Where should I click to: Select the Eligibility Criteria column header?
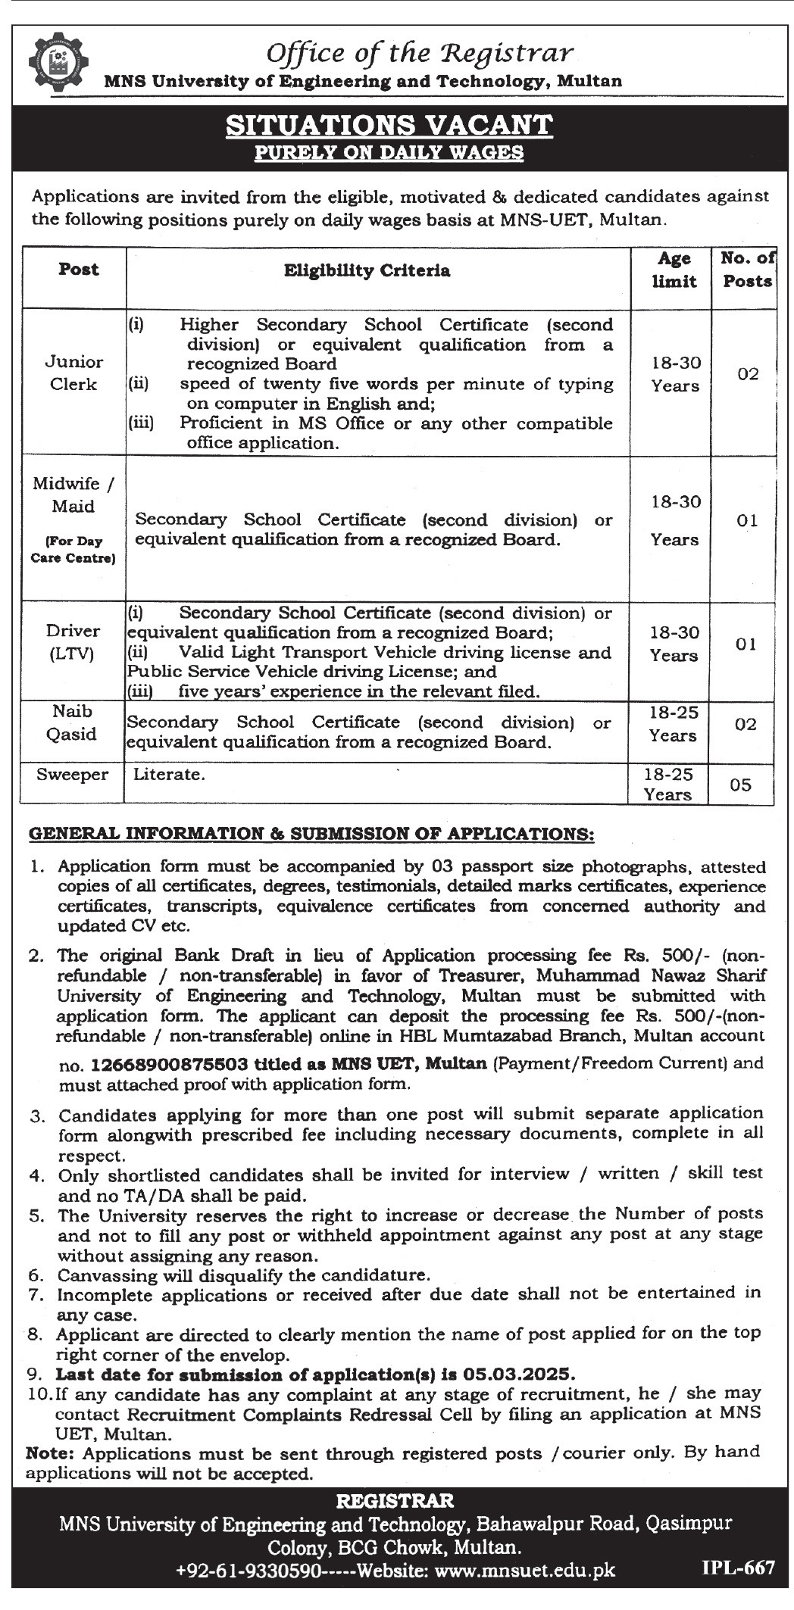click(x=367, y=270)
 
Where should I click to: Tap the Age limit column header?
click(x=674, y=270)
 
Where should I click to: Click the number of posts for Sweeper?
click(x=740, y=785)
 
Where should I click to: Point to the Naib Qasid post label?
click(x=73, y=722)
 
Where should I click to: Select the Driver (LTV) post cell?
click(x=73, y=642)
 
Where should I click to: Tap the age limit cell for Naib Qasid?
click(x=673, y=724)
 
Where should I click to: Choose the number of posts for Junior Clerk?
click(x=747, y=374)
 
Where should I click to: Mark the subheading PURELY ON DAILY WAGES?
click(x=389, y=152)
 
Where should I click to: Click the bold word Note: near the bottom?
click(x=52, y=1453)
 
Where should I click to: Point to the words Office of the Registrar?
click(x=420, y=52)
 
